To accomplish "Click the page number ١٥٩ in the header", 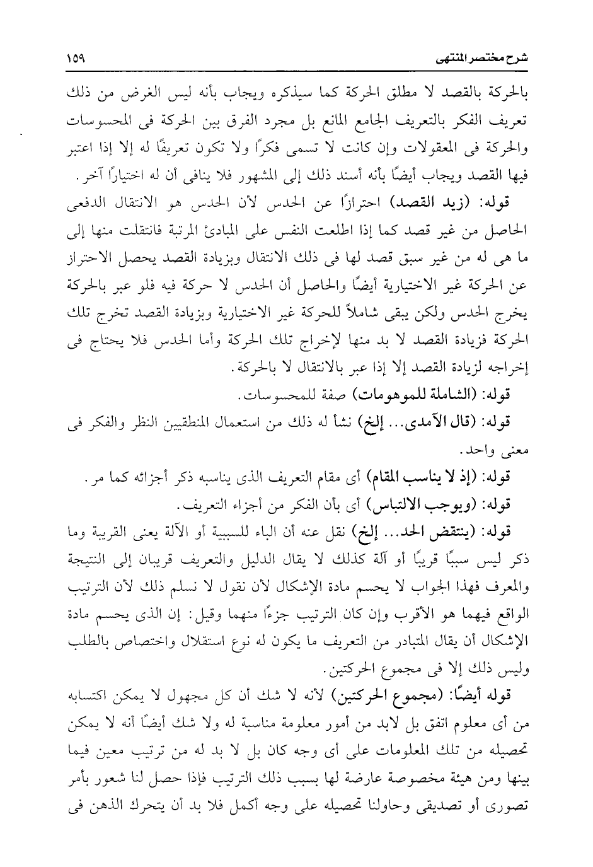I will pyautogui.click(x=77, y=60).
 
